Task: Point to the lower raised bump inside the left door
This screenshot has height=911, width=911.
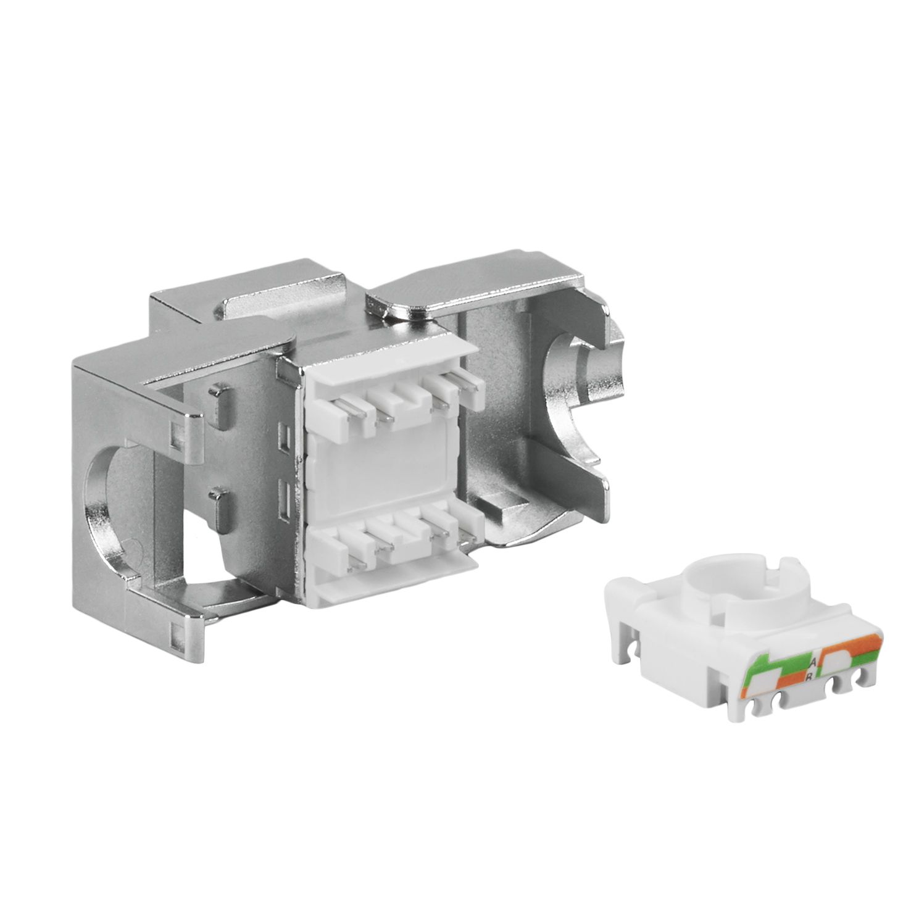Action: point(215,498)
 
